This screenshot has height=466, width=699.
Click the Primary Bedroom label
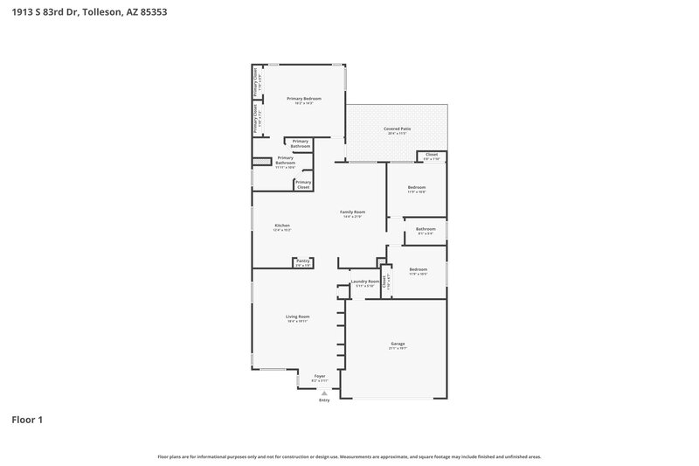[305, 99]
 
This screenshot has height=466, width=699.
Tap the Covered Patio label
[398, 129]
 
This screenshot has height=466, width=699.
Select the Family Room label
[352, 212]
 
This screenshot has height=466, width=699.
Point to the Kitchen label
[282, 225]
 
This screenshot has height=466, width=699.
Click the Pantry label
[302, 260]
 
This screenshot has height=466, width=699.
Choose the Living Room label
[298, 316]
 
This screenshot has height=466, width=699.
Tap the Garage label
[398, 344]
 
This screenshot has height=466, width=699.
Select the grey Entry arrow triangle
[324, 393]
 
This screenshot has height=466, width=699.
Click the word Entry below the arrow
[324, 400]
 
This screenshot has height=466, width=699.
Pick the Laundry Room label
[364, 282]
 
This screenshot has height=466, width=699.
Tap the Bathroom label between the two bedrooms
[426, 229]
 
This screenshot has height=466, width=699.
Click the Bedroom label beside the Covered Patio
[417, 187]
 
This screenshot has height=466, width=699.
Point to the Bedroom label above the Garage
[418, 269]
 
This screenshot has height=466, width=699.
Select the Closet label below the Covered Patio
[432, 154]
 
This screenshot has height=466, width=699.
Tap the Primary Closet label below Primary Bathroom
[303, 184]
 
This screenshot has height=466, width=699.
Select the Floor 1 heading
[26, 420]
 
